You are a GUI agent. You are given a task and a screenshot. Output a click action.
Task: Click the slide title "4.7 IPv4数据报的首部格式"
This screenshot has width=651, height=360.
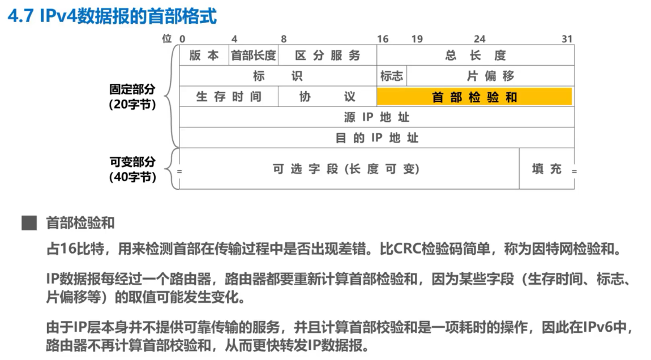[112, 16]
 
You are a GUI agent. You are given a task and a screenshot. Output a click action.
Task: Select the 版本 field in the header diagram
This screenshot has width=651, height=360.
[204, 55]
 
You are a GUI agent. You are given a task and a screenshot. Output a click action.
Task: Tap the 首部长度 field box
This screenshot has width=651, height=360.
[253, 55]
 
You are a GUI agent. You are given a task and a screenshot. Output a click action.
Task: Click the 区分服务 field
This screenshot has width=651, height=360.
[327, 55]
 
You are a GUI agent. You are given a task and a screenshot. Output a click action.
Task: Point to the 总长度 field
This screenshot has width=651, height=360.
[476, 55]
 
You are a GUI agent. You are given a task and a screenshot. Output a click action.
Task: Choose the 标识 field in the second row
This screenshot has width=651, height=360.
[277, 76]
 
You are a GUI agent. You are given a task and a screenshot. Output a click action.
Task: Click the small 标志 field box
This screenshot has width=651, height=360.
[392, 76]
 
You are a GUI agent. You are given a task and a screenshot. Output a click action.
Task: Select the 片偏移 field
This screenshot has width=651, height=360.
[490, 76]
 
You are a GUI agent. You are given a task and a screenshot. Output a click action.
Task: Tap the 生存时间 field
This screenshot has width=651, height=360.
[229, 97]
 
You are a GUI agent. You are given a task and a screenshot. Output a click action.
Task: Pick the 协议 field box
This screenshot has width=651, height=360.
[327, 97]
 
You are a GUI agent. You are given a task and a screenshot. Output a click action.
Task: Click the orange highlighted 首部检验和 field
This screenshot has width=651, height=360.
[474, 97]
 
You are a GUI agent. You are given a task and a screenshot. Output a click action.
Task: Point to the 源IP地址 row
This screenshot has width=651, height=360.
[376, 117]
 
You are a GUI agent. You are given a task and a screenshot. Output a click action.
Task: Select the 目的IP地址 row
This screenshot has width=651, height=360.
[376, 138]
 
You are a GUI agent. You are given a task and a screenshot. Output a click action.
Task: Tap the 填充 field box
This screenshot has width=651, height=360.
[546, 169]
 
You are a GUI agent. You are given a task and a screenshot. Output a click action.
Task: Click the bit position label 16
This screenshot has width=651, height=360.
[383, 39]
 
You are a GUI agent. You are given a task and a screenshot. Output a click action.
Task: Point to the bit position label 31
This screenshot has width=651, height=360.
[567, 39]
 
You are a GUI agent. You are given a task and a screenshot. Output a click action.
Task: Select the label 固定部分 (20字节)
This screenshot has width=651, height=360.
[132, 97]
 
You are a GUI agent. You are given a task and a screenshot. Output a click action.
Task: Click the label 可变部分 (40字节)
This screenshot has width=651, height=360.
[132, 169]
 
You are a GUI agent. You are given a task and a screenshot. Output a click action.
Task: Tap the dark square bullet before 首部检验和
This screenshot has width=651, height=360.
[27, 223]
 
